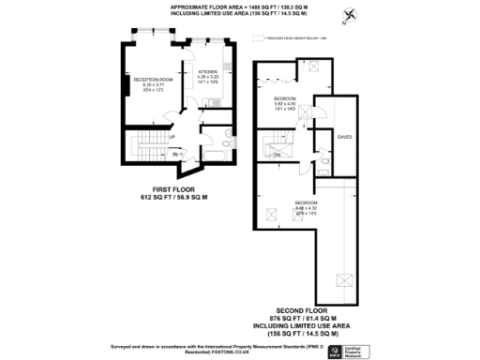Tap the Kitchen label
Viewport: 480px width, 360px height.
tap(208, 75)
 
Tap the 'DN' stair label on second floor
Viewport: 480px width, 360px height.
tap(277, 154)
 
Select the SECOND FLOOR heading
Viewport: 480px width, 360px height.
tap(302, 310)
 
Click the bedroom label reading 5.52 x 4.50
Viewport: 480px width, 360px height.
tap(285, 103)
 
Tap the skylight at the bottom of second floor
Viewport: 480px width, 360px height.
tap(344, 280)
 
